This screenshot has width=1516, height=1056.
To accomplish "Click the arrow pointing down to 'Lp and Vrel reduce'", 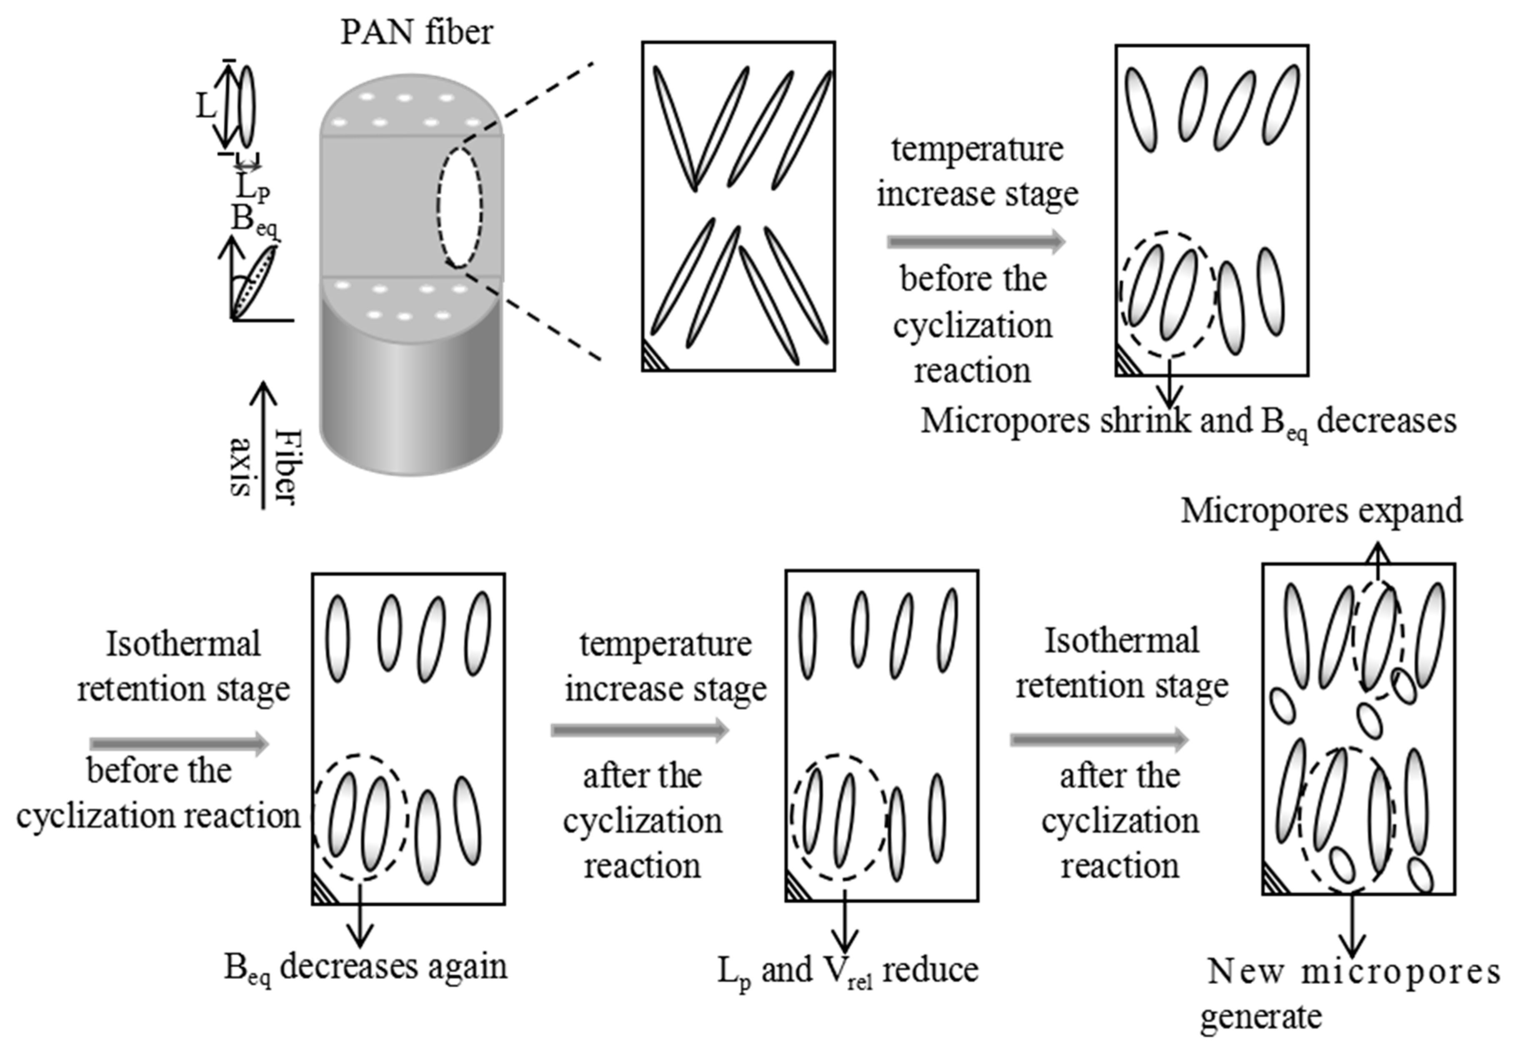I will (845, 921).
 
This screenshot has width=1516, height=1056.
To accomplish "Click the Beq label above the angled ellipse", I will (253, 220).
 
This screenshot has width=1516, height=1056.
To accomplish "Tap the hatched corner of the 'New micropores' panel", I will (1273, 882).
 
